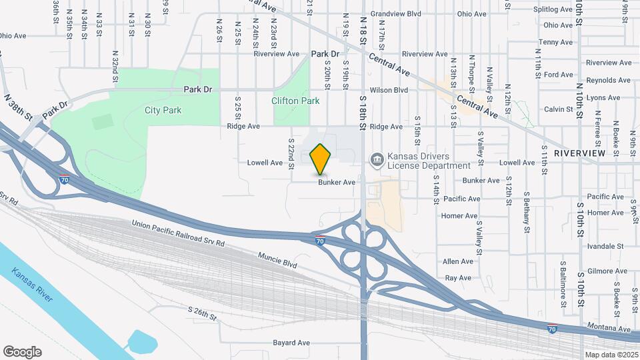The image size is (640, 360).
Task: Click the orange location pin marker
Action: point(321,159)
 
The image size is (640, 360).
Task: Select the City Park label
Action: point(160,110)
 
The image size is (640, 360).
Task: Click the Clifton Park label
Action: point(295,101)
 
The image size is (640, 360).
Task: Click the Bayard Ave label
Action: point(291,343)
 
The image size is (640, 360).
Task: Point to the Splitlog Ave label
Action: point(553,10)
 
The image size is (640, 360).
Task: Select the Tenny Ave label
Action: point(556,42)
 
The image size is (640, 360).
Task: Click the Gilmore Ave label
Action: point(607,271)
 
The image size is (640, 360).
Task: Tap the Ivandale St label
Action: point(601,246)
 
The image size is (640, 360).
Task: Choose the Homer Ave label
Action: point(459,216)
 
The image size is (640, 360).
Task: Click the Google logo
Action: point(22,352)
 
